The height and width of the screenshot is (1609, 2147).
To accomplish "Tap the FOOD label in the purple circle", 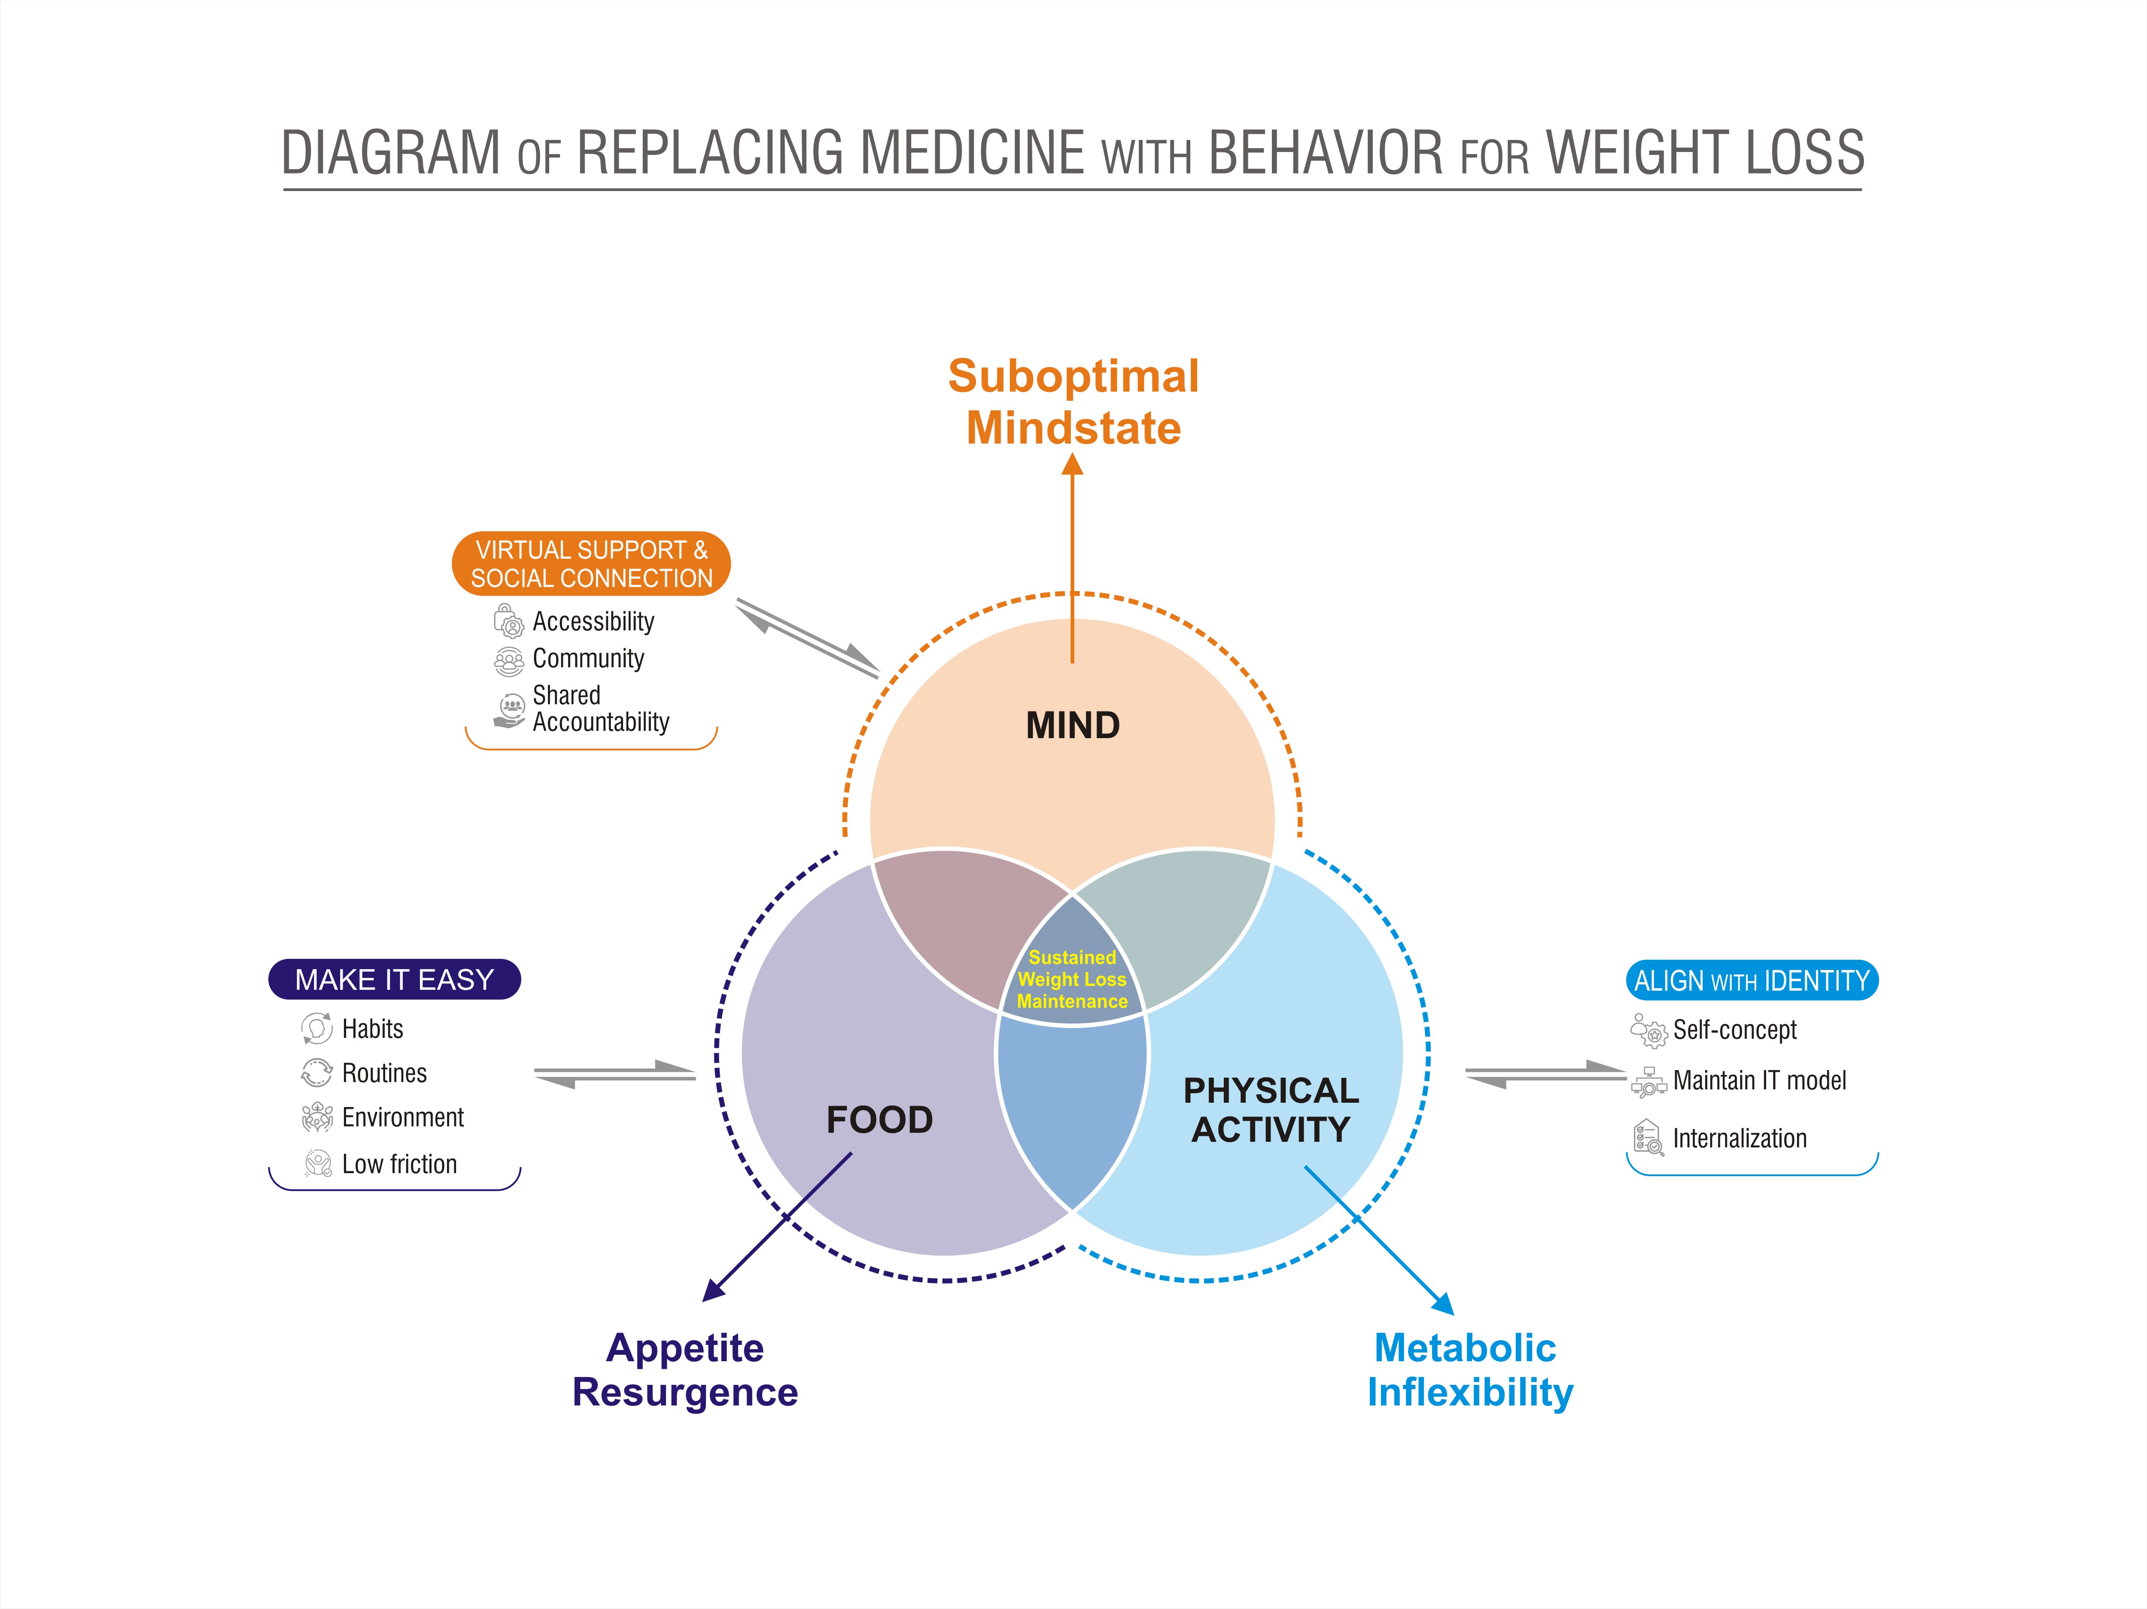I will click(879, 1120).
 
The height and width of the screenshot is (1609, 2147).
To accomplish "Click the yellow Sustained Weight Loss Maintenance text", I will click(1071, 979).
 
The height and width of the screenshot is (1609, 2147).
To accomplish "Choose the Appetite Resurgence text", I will click(685, 1369).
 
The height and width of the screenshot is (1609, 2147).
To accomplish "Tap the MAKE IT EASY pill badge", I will click(394, 979).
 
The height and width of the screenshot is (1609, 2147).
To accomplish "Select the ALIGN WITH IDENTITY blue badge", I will click(1751, 980).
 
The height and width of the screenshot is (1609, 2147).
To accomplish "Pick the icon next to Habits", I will click(316, 1028).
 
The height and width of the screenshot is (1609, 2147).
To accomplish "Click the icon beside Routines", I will click(316, 1072).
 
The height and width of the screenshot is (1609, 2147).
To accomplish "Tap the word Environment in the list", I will click(403, 1117).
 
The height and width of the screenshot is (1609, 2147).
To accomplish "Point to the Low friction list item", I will click(399, 1164).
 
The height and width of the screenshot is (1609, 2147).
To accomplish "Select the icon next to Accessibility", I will click(508, 621).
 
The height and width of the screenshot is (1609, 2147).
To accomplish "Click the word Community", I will click(588, 658).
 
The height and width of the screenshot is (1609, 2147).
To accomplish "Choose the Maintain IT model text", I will click(1759, 1080).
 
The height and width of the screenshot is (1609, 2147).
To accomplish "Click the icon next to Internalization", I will click(1647, 1138).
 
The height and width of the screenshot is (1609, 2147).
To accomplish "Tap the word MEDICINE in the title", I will click(973, 153).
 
